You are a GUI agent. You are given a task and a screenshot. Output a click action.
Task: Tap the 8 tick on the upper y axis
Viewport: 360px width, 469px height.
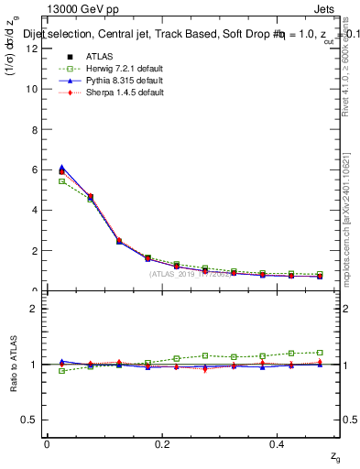tap(35, 129)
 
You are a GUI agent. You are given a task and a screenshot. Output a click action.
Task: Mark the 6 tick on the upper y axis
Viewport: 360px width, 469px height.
tap(35, 169)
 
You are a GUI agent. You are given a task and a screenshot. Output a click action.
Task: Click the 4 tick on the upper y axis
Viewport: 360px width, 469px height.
tap(35, 210)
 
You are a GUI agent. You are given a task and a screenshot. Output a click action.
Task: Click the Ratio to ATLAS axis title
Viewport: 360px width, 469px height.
tap(12, 365)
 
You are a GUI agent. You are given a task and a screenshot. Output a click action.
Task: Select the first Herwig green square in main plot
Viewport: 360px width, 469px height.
tap(61, 181)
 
